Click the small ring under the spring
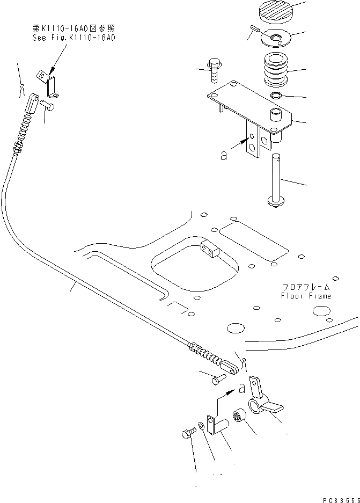tap(276, 96)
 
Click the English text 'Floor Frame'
tap(306, 296)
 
